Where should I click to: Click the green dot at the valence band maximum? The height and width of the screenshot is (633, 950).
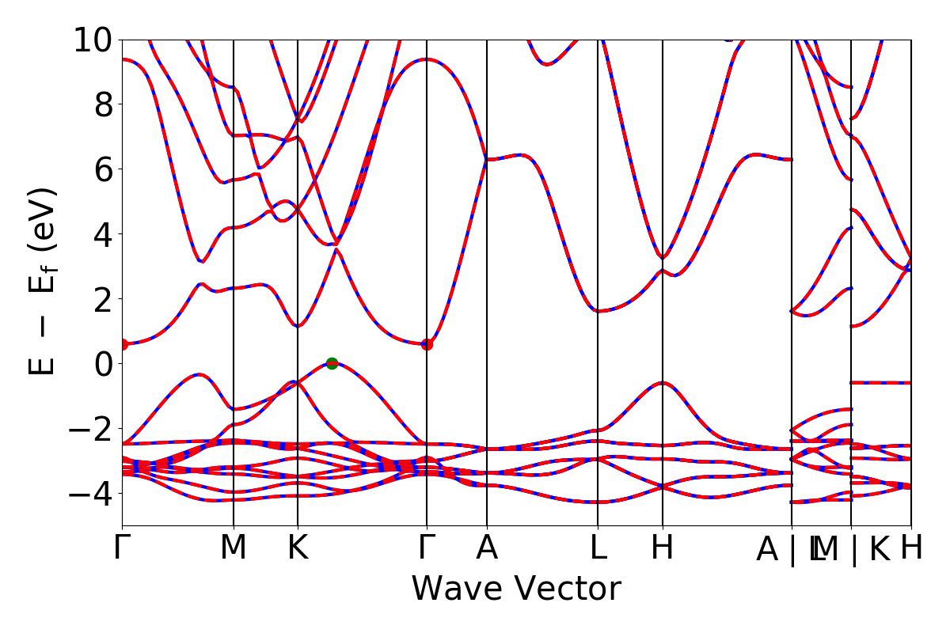coord(332,363)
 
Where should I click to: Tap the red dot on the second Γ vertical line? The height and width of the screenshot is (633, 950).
coord(427,344)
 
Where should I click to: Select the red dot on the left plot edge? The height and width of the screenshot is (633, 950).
coord(123,344)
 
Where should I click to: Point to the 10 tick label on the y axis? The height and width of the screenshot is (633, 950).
coord(93,40)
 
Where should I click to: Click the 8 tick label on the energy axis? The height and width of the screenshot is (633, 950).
coord(102,104)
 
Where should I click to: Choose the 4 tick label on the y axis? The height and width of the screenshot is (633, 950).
coord(102,234)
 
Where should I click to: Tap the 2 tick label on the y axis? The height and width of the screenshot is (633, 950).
coord(102,299)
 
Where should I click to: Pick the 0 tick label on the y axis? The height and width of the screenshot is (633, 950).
coord(102,364)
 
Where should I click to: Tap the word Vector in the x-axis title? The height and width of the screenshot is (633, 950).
coord(564,589)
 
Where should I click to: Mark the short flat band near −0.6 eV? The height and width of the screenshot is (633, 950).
coord(881,382)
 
